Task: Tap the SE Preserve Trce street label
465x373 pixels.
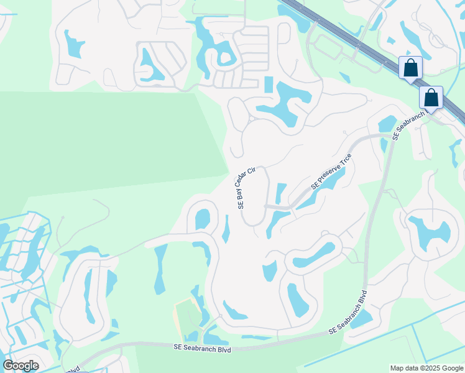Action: (332, 171)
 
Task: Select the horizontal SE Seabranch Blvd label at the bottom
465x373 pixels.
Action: (203, 350)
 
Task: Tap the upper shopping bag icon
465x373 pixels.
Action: (411, 68)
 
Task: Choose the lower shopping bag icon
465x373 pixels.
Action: (431, 98)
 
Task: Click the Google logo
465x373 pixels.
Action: (21, 366)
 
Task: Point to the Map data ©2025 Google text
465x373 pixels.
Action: (426, 368)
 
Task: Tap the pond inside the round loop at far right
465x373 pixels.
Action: (428, 231)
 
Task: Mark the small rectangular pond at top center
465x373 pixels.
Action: (269, 85)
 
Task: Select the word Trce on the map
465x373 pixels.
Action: (345, 160)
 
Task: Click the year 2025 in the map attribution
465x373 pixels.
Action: (433, 368)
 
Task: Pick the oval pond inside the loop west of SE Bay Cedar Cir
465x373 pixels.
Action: (203, 219)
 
